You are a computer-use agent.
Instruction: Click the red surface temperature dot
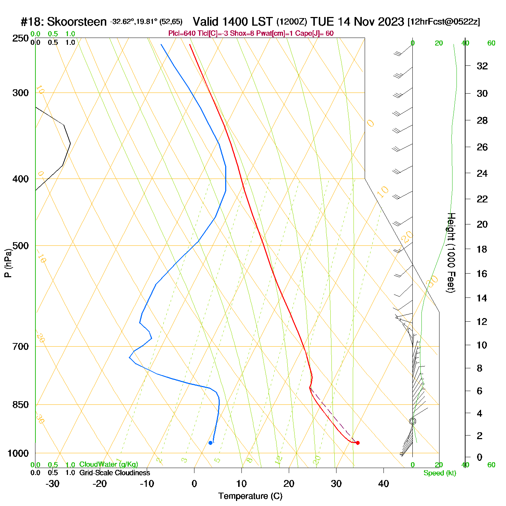[357, 443]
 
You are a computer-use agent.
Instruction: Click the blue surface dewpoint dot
[210, 443]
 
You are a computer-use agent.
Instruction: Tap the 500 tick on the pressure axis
[21, 246]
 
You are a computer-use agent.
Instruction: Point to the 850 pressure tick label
[21, 405]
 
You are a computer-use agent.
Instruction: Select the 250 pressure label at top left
[21, 38]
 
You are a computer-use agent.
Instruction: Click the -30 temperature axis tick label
[52, 484]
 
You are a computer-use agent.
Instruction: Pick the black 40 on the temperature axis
[383, 484]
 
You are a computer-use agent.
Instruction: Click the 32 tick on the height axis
[482, 66]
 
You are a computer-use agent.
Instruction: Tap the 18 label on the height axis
[482, 249]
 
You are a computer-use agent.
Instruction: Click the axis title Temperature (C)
[250, 496]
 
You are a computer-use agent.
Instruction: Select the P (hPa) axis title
[8, 263]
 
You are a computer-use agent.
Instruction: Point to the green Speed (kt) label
[440, 473]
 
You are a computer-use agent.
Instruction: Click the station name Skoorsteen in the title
[77, 22]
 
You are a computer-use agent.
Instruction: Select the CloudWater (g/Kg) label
[108, 464]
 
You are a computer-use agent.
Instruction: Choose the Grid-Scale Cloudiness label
[115, 473]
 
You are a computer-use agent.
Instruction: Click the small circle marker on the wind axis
[412, 421]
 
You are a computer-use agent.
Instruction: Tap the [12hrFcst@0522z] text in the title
[443, 22]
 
